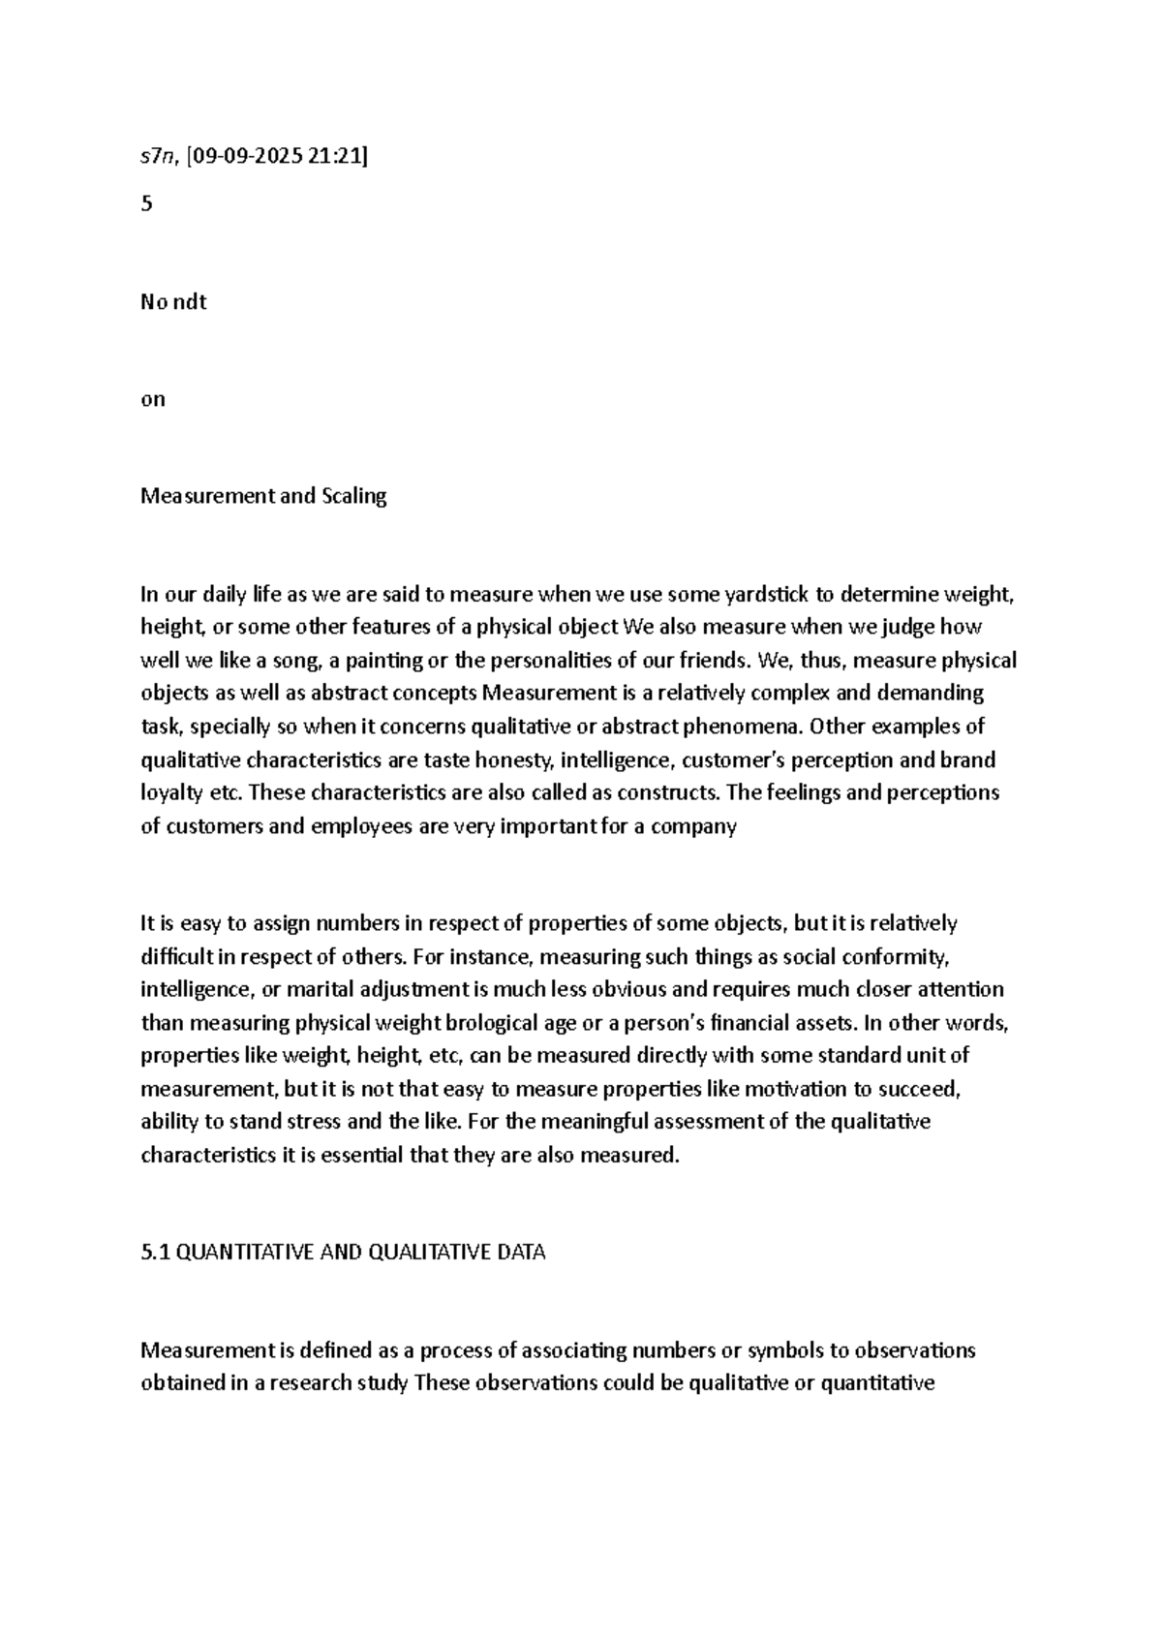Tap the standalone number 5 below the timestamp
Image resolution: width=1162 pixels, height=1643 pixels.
pos(146,204)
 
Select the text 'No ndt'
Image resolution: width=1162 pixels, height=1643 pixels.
pos(173,301)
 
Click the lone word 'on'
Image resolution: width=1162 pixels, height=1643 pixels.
pos(153,399)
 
